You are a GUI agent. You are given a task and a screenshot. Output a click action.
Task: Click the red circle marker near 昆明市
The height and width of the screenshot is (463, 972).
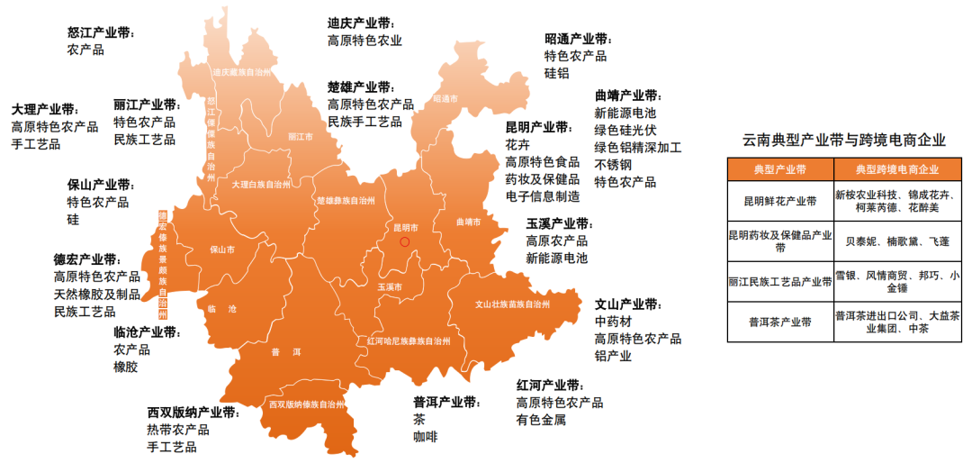pos(404,241)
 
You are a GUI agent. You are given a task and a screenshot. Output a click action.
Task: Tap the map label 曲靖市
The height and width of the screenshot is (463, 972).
pos(468,222)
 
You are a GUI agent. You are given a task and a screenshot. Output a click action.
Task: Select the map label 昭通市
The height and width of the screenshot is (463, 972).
pos(445,98)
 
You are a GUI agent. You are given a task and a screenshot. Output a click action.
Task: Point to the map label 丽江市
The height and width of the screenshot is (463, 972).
pos(301,137)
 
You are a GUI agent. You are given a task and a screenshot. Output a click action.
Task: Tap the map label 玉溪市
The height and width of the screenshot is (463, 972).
pos(389,286)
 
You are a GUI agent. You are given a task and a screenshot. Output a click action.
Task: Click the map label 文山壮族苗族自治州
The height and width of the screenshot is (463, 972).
pos(512,304)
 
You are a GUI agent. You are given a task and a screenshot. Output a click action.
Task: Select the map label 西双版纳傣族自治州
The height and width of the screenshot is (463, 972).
pos(306,404)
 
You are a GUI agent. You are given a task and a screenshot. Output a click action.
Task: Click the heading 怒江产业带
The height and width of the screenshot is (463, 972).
pos(101,32)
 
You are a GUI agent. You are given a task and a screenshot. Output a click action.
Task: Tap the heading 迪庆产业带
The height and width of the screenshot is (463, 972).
pos(361,23)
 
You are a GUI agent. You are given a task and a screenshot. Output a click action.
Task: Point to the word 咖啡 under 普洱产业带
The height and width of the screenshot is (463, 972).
pos(425,437)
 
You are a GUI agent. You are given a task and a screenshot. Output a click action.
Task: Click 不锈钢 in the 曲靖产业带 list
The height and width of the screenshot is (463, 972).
pos(613,165)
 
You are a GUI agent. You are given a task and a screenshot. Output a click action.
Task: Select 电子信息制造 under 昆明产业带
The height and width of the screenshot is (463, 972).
pos(542,196)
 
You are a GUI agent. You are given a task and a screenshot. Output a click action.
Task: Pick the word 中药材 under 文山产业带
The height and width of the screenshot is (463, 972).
pos(613,322)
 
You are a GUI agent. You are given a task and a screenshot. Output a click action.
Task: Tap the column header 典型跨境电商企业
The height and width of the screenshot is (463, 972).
pos(896,169)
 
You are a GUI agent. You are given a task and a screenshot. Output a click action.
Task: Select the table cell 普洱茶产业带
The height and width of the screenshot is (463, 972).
pos(780,322)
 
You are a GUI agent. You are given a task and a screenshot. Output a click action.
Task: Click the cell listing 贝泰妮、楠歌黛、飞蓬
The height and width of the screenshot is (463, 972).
pos(897,241)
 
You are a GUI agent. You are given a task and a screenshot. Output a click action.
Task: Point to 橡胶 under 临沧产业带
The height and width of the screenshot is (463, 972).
pos(125,367)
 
